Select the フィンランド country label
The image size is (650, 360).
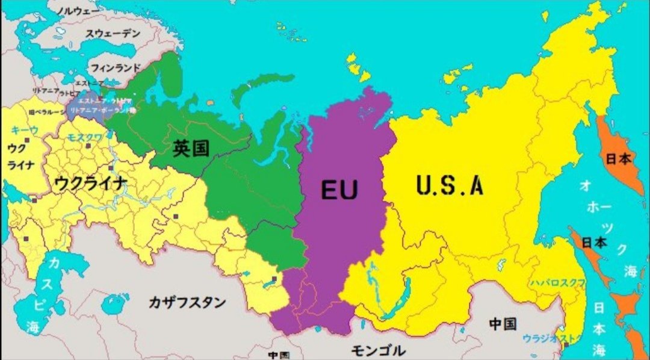tap(115, 68)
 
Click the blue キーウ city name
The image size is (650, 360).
tap(25, 130)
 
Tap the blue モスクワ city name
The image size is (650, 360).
tap(84, 138)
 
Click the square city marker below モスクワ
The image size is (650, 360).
tap(111, 169)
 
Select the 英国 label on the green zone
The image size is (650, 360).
tap(191, 148)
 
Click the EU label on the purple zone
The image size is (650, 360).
tap(339, 190)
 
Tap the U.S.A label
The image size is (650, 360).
tap(450, 185)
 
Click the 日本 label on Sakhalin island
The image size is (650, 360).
tap(595, 243)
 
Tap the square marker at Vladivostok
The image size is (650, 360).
tap(566, 345)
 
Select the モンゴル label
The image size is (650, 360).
tap(378, 351)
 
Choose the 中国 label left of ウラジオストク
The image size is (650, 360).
tap(502, 324)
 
